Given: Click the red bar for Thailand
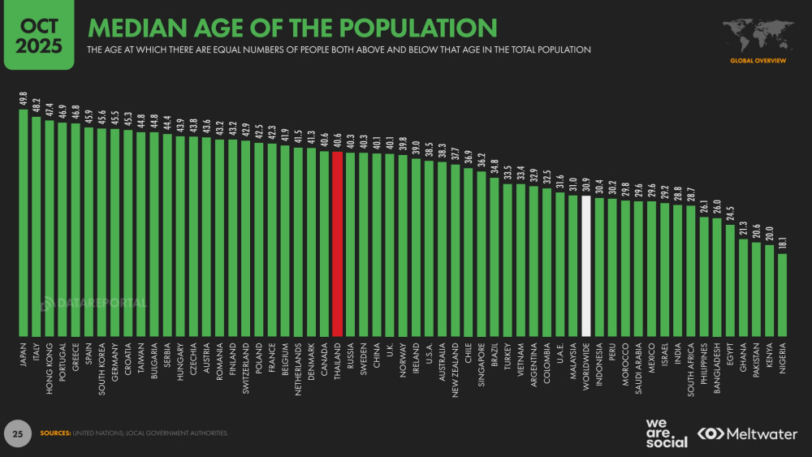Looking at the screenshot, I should [338, 244].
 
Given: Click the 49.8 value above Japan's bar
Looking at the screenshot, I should [24, 99].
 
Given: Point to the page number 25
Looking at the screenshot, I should [16, 433].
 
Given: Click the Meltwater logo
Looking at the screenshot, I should [748, 434].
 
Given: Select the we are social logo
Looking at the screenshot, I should [666, 433].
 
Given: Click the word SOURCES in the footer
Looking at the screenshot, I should [55, 433].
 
